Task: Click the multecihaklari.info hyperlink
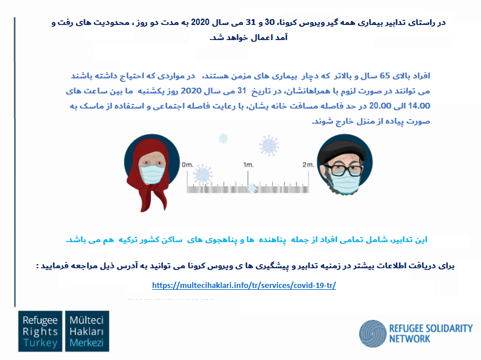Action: tap(244, 286)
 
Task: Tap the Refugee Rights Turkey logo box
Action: tap(40, 331)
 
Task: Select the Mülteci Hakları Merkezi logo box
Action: tap(87, 331)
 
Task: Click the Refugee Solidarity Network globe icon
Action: tap(372, 334)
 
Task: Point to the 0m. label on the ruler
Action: tap(187, 165)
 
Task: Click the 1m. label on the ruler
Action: tap(248, 165)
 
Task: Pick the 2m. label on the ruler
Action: tap(308, 165)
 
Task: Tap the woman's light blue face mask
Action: tap(152, 174)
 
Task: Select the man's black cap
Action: tap(342, 153)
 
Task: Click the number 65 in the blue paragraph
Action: tap(385, 75)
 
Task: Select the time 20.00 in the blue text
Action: tap(380, 106)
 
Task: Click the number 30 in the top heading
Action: tap(269, 22)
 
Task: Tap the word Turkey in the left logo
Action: tap(40, 343)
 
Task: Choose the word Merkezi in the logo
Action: tap(86, 343)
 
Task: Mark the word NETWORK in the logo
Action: tap(410, 339)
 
